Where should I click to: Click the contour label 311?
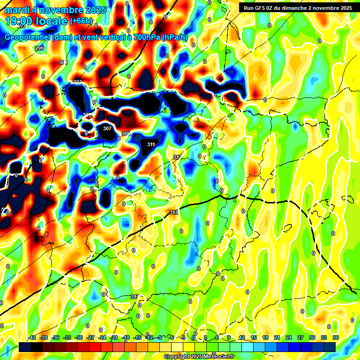coord(151,144)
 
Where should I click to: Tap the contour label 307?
coord(107,128)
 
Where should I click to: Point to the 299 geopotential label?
coord(39,48)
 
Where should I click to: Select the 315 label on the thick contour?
coord(174,213)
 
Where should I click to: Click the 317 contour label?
coord(135,297)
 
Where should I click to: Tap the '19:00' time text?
coord(21,21)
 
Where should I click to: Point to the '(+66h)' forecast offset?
coord(82,21)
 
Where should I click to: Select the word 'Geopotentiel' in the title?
coord(28,37)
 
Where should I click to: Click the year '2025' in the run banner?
coord(345,8)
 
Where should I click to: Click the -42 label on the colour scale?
coord(32,337)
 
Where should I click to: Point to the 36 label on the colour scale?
coord(335,337)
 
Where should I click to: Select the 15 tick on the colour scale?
coord(254,337)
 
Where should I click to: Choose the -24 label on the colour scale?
coord(102,337)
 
